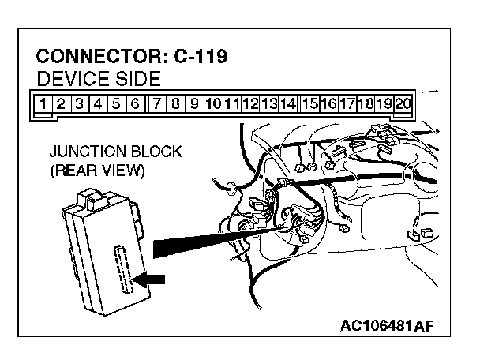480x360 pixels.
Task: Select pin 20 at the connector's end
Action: pos(403,103)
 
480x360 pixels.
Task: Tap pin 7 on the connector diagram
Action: pos(159,103)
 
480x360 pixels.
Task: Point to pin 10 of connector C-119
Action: pos(213,103)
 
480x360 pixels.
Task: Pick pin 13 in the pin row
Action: pos(270,103)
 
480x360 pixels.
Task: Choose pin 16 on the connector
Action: pos(328,103)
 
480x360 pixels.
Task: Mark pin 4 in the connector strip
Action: pos(98,103)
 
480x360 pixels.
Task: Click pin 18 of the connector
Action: pos(366,103)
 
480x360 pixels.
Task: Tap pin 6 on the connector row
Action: pos(135,103)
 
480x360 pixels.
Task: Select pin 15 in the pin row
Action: pos(309,103)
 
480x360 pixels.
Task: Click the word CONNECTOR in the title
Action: pos(97,58)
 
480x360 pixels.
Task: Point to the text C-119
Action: pos(200,58)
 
